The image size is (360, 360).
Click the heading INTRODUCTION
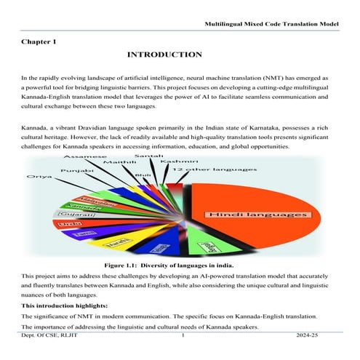[x=164, y=55]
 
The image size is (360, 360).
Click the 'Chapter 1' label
[x=39, y=42]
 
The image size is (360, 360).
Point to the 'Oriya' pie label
[x=38, y=177]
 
